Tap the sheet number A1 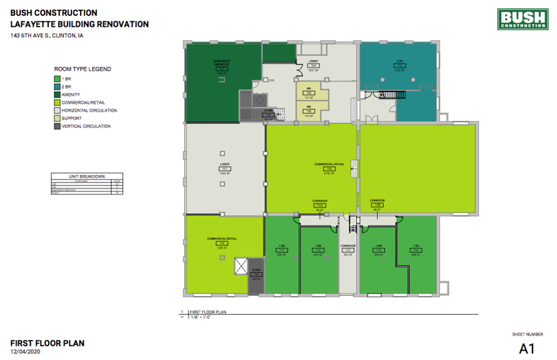[527, 348]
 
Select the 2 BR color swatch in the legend [58, 86]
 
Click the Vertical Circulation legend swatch [58, 126]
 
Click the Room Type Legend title [82, 69]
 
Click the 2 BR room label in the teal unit [398, 61]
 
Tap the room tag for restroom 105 [309, 94]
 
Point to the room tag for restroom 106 [309, 110]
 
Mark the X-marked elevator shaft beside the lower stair [240, 266]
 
